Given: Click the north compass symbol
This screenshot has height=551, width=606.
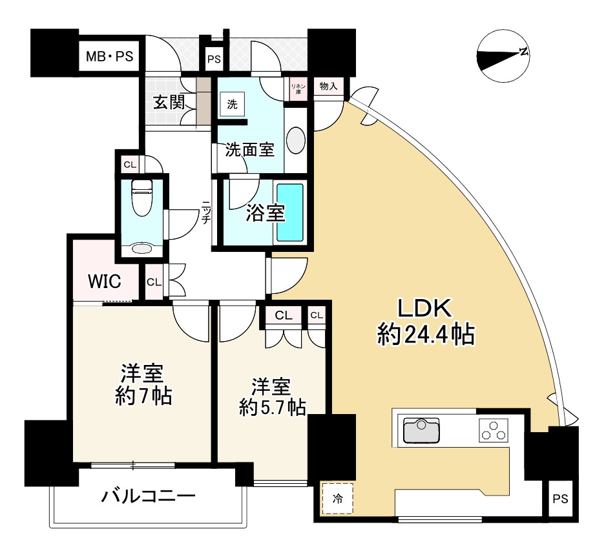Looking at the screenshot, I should (x=503, y=57).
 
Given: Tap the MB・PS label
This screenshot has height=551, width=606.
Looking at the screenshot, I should (x=110, y=57).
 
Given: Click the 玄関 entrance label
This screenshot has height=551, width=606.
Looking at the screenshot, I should (x=169, y=102).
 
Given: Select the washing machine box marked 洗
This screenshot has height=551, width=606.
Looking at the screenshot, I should (x=231, y=103).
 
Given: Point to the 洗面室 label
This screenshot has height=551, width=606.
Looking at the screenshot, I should (x=250, y=151).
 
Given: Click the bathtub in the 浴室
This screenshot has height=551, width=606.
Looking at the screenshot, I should (x=290, y=213).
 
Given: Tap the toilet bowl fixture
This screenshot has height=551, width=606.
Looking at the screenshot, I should (x=141, y=198).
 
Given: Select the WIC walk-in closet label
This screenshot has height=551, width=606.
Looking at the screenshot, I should (x=104, y=282).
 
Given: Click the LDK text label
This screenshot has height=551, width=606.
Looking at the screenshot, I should (x=426, y=309).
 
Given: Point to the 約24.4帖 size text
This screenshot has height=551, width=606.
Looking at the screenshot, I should (x=426, y=335).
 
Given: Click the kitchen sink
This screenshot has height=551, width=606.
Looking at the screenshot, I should (x=421, y=431).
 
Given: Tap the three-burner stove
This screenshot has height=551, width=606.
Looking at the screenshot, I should (x=493, y=431).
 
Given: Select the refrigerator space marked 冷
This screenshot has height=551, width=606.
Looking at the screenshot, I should (x=337, y=498).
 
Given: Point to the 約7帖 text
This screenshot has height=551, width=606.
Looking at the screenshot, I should (x=143, y=396).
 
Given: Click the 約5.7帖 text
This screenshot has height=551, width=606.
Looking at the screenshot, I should (x=272, y=407).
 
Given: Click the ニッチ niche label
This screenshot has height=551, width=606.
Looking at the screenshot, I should (x=205, y=211).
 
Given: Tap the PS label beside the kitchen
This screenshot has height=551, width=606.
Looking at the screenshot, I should (x=560, y=499).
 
